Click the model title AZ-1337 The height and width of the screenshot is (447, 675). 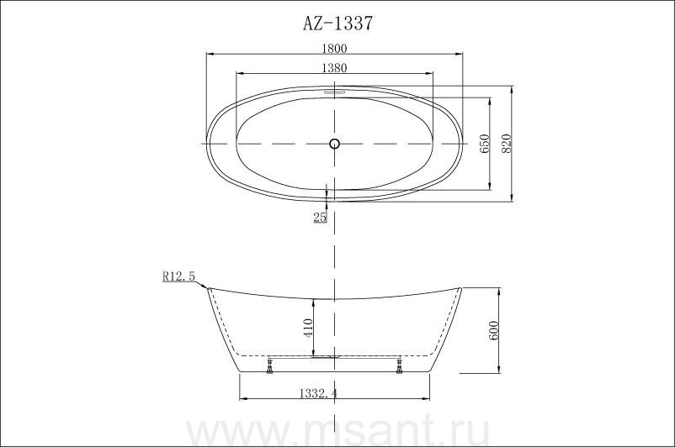(x=337, y=24)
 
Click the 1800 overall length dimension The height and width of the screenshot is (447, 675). (x=334, y=48)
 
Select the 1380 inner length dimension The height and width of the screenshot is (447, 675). (x=334, y=67)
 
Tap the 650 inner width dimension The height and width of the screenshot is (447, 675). (x=485, y=144)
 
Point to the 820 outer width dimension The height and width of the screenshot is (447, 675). (x=507, y=144)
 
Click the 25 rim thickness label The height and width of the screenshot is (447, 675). (x=320, y=218)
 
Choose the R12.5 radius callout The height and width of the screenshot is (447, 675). (x=178, y=276)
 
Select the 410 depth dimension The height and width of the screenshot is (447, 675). (x=308, y=328)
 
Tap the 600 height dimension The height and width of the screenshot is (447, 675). (x=494, y=330)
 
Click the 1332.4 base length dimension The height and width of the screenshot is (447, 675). (x=318, y=393)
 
